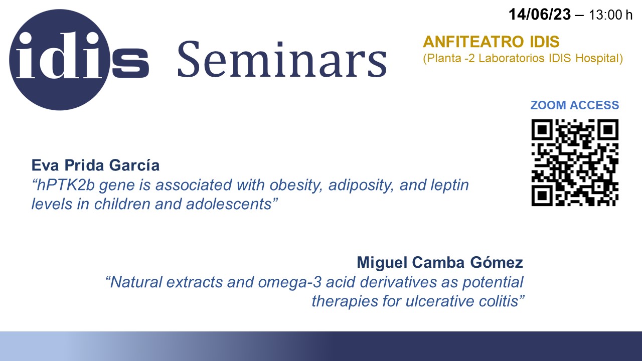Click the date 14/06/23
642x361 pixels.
pos(539,15)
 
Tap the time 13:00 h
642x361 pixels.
pos(610,15)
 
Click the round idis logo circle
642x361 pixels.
pos(60,60)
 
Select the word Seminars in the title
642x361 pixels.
pos(282,59)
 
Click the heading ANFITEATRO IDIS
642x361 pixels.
pos(491,42)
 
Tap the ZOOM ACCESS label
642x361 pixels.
pos(575,105)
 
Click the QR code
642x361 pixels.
pos(575,163)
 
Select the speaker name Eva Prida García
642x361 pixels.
pos(95,165)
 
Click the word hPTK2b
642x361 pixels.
pos(66,185)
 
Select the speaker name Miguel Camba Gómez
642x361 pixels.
pos(440,262)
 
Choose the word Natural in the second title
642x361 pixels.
pos(136,282)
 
